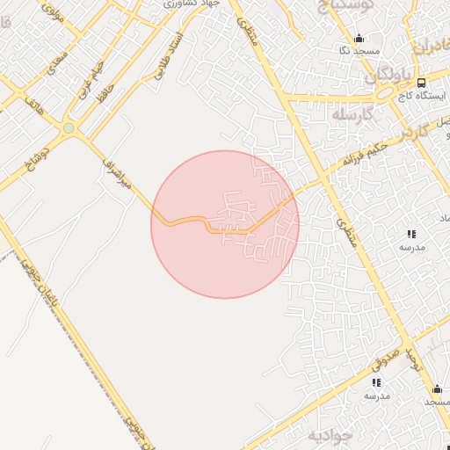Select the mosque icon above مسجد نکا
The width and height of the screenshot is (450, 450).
tap(359, 38)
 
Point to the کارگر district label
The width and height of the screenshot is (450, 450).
tap(404, 132)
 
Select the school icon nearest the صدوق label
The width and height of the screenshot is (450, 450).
tap(376, 382)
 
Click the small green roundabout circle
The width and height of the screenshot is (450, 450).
tap(69, 128)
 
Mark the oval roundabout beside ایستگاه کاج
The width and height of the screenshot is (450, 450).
tap(385, 91)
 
